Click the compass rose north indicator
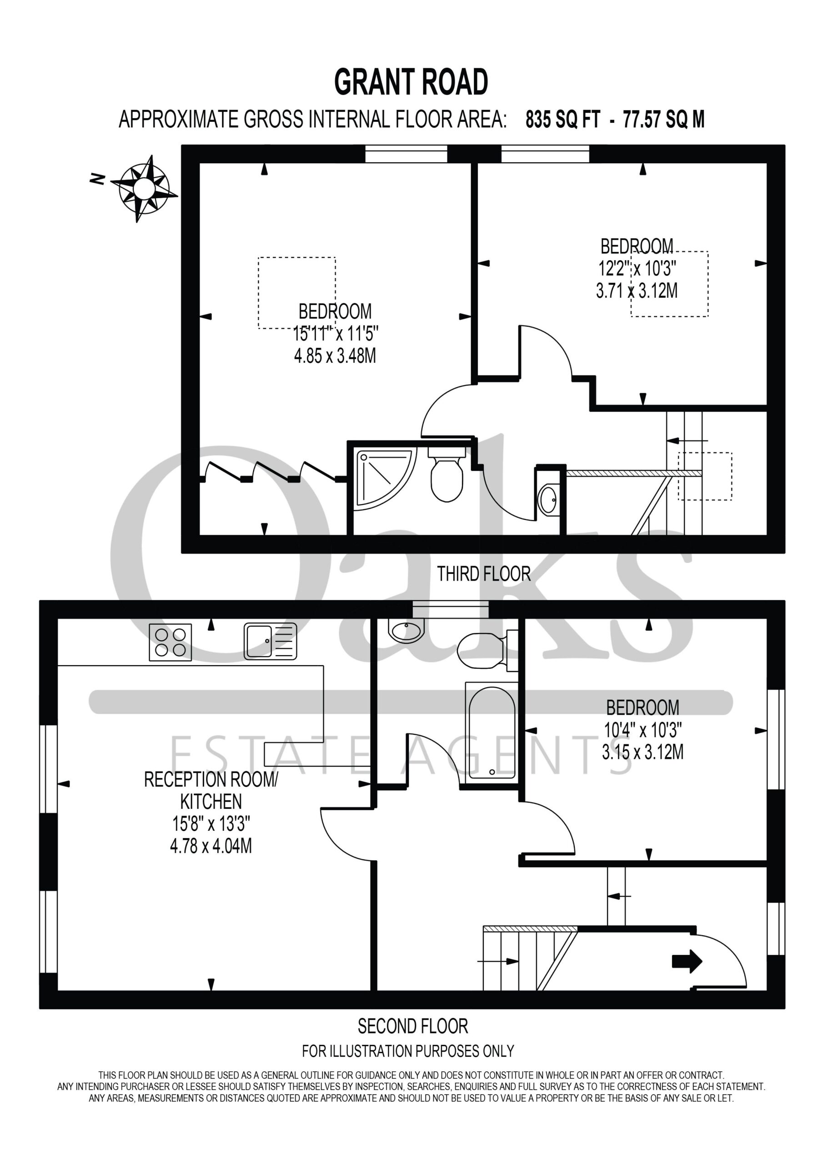(144, 189)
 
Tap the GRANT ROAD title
(411, 83)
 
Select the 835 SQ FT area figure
(562, 120)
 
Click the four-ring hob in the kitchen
(171, 642)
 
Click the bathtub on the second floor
(492, 732)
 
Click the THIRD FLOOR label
(484, 574)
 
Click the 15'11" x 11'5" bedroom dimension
(336, 334)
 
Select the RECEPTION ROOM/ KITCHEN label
(211, 790)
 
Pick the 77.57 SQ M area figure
(664, 120)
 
